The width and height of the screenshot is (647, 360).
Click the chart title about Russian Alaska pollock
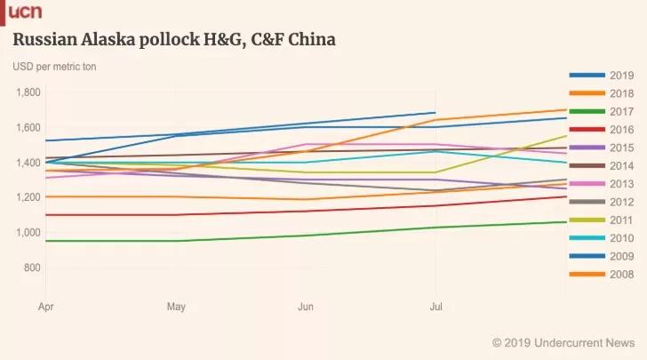pyautogui.click(x=173, y=41)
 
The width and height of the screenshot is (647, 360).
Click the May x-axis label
pyautogui.click(x=176, y=306)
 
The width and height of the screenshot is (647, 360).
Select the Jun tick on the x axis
pyautogui.click(x=306, y=306)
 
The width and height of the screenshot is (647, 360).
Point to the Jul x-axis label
pyautogui.click(x=435, y=306)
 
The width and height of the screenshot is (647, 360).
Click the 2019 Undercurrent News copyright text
pyautogui.click(x=563, y=342)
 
